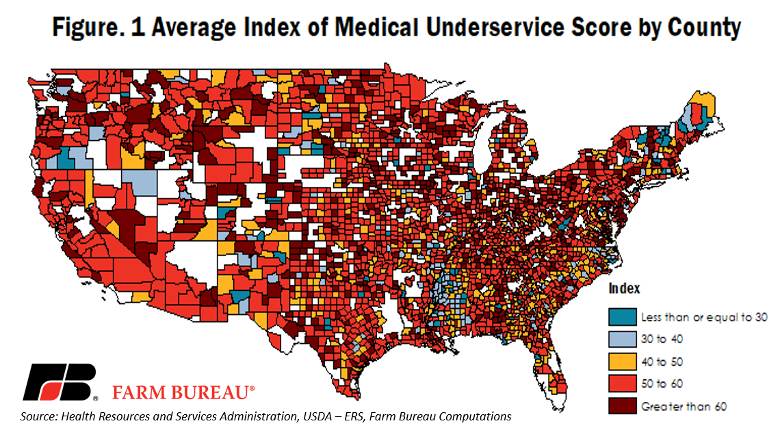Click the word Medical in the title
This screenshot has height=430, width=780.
pyautogui.click(x=376, y=27)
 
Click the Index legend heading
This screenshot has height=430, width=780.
pyautogui.click(x=624, y=288)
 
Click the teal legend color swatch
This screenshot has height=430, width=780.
pyautogui.click(x=623, y=316)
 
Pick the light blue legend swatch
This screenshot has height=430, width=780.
pyautogui.click(x=623, y=339)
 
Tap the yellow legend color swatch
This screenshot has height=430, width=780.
pyautogui.click(x=623, y=362)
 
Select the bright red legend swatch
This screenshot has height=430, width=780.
pyautogui.click(x=623, y=383)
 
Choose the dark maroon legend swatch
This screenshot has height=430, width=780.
pyautogui.click(x=623, y=405)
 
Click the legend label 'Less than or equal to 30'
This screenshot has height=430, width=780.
pyautogui.click(x=704, y=317)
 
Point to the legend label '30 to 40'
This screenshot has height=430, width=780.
pyautogui.click(x=662, y=339)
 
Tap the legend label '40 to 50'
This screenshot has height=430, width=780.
pyautogui.click(x=662, y=362)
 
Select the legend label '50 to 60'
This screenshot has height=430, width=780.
pyautogui.click(x=662, y=383)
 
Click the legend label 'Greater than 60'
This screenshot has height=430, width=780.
pyautogui.click(x=684, y=407)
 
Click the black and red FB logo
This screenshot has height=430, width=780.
pyautogui.click(x=60, y=381)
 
